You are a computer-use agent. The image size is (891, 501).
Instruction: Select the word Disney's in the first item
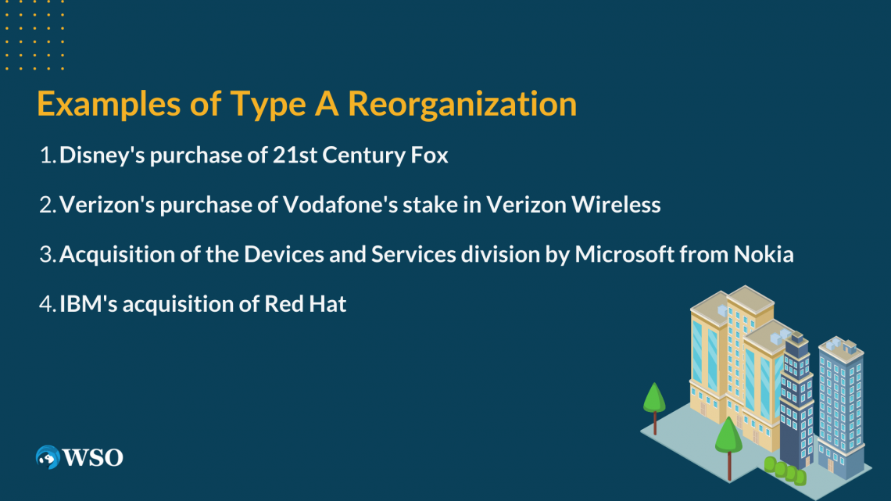[101, 156]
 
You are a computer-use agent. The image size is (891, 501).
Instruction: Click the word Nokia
[765, 255]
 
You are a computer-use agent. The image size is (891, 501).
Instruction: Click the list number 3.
[45, 255]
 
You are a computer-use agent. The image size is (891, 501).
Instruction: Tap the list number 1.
[45, 156]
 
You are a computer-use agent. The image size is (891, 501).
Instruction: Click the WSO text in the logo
[93, 458]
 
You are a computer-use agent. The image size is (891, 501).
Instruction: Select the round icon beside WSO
[48, 457]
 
